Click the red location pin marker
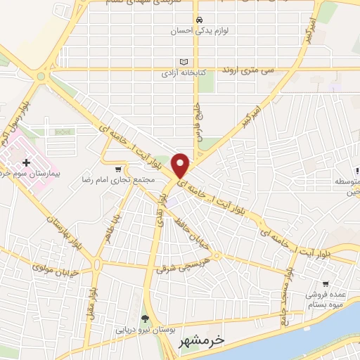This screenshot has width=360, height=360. click(x=181, y=165)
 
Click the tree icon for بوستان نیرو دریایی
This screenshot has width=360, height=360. click(x=146, y=319)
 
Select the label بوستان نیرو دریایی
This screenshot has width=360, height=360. click(x=144, y=329)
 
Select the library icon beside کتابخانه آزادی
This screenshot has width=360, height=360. click(x=186, y=61)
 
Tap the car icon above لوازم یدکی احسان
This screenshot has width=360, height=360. click(x=200, y=20)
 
